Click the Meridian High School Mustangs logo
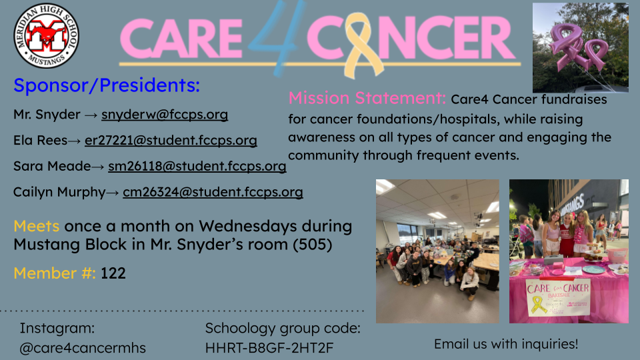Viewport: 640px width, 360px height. click(46, 35)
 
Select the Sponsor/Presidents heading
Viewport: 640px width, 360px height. click(107, 85)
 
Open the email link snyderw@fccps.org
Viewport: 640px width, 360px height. click(165, 115)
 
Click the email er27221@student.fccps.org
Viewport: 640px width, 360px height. click(171, 141)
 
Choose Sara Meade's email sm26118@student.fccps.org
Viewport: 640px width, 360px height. click(197, 166)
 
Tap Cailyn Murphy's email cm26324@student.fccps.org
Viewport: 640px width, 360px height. click(213, 192)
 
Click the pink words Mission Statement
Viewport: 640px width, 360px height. click(367, 98)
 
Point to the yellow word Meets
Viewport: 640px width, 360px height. click(36, 226)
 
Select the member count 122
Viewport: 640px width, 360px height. click(113, 273)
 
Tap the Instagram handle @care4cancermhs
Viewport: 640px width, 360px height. click(83, 348)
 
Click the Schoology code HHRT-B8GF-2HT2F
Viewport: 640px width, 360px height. click(269, 348)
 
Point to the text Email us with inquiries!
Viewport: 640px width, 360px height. click(506, 344)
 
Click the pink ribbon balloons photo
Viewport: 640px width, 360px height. click(581, 48)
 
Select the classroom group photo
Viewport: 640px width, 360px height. click(437, 251)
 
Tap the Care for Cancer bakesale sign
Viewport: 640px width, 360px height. click(557, 297)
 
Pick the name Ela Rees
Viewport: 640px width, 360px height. click(40, 141)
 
